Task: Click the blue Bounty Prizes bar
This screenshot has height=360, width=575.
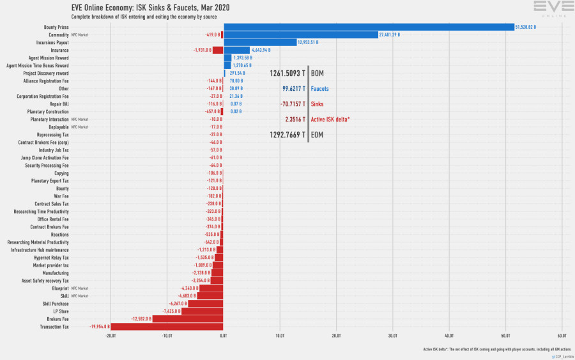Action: tap(369, 27)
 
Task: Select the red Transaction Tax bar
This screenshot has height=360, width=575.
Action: tap(167, 327)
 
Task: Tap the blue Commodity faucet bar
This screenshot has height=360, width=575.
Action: tap(301, 35)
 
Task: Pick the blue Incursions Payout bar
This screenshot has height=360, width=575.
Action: tap(260, 42)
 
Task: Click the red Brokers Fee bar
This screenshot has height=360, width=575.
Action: tap(188, 319)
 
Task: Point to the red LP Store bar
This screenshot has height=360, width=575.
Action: tap(203, 311)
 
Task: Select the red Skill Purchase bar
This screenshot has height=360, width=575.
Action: tap(206, 304)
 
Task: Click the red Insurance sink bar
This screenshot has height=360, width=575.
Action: tap(218, 50)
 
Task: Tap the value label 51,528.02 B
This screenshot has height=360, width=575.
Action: tap(526, 27)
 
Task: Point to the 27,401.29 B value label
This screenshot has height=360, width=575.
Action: tap(389, 35)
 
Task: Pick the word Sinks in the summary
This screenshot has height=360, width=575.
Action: tap(317, 104)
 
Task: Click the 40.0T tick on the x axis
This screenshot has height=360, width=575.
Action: tap(449, 335)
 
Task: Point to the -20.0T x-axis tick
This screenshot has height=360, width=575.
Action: tap(111, 335)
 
